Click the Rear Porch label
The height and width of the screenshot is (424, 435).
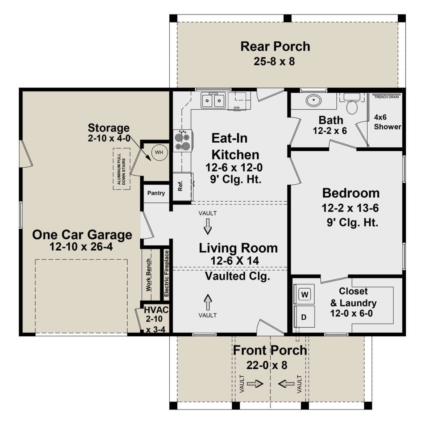coord(275,47)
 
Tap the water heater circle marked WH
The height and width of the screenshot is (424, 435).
coord(159,152)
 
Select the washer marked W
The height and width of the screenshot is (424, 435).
coord(304,294)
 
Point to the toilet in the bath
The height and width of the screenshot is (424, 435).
coord(352,105)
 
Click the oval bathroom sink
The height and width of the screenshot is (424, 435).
coord(314,101)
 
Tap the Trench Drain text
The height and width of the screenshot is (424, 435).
coord(386,97)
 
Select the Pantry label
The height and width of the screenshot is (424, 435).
coord(156,193)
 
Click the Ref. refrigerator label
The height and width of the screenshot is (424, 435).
coord(180,186)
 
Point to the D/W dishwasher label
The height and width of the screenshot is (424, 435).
coord(236,108)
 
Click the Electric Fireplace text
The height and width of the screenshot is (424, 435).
coord(166,274)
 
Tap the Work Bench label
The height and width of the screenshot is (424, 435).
coord(149,275)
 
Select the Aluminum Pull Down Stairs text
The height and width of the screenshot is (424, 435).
coord(121,169)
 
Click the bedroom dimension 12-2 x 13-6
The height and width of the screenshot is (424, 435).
coord(350,208)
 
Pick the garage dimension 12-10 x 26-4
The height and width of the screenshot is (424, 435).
coord(81,247)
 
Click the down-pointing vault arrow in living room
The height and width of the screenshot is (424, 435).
coord(208,226)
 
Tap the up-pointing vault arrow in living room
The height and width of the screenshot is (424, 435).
coord(208,302)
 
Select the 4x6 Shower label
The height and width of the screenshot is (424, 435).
coord(388,122)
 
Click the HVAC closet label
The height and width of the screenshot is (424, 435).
coord(156,310)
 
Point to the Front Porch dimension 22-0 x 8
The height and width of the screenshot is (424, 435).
coord(267,365)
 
